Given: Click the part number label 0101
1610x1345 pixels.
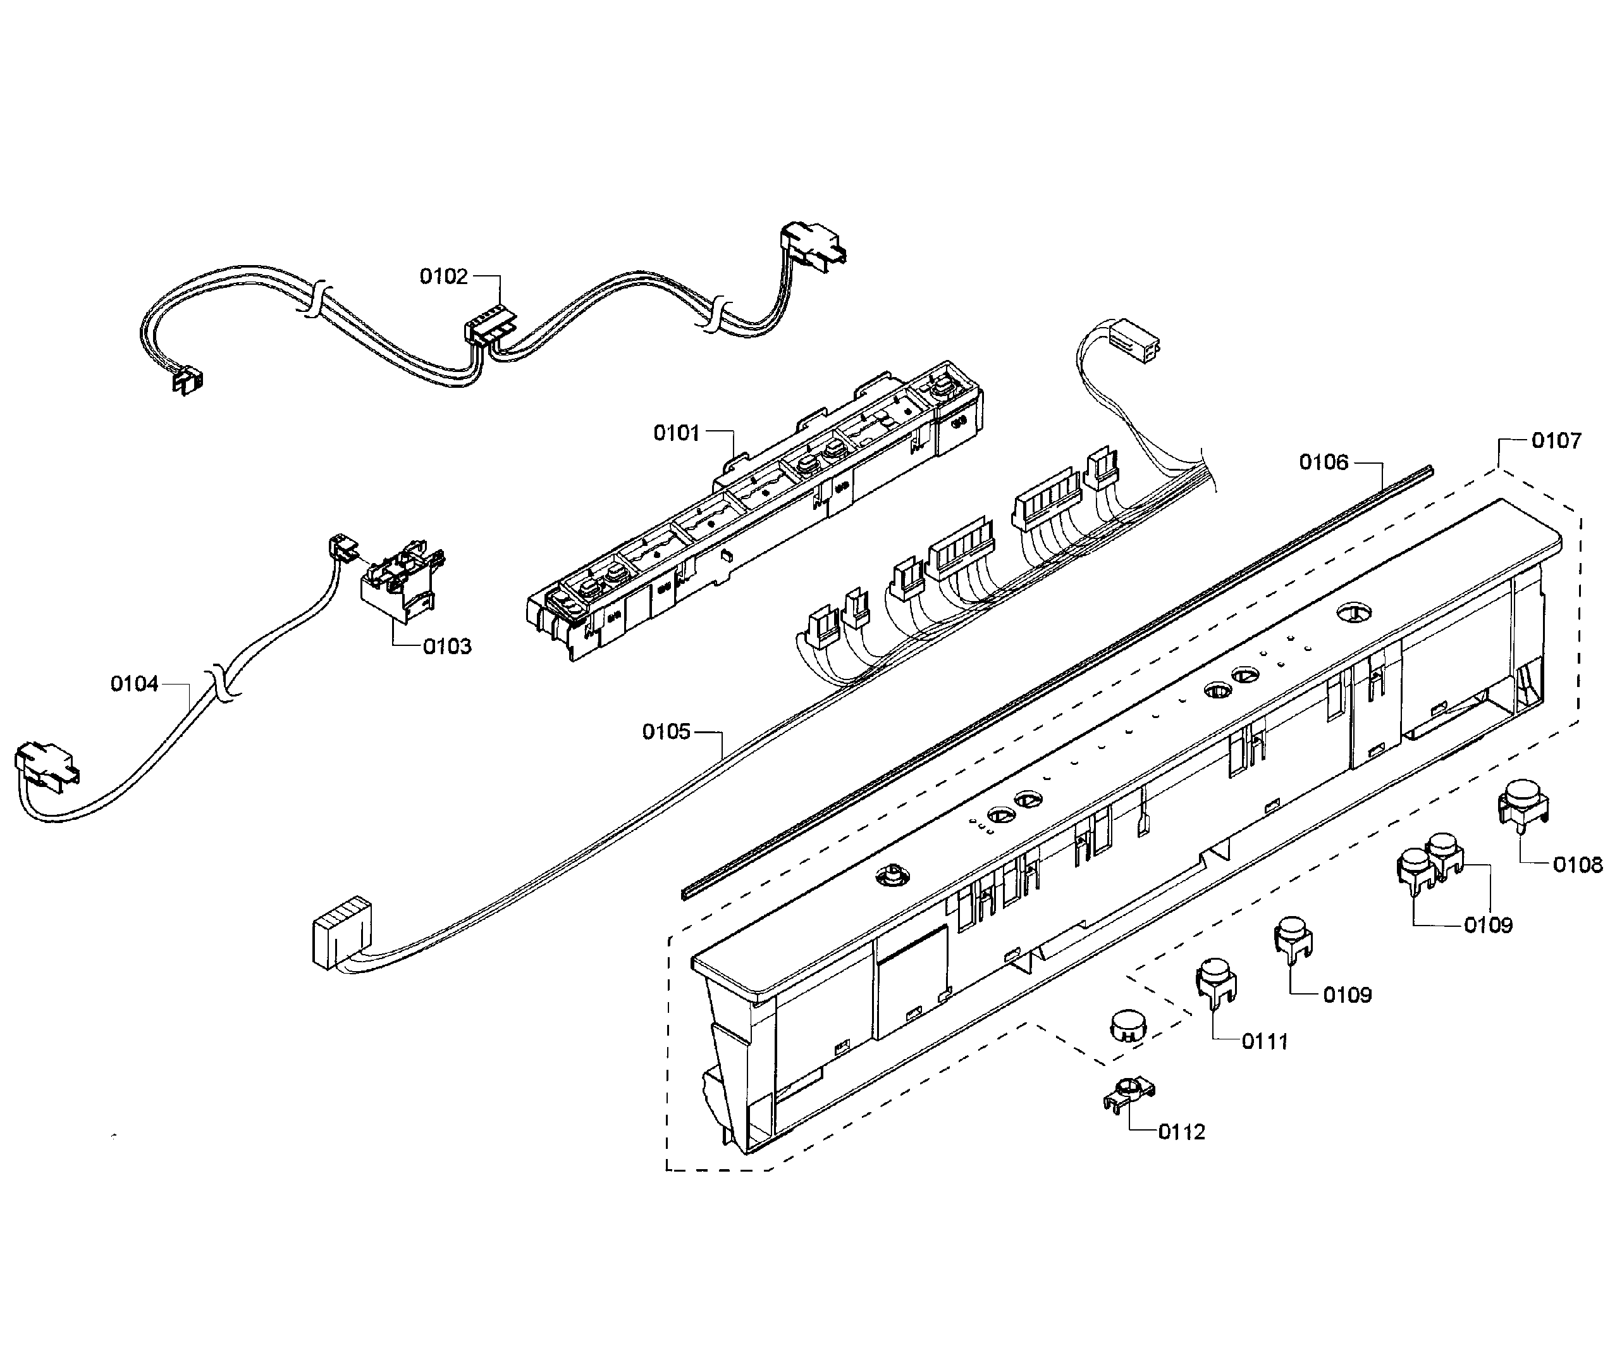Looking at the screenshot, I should [x=676, y=433].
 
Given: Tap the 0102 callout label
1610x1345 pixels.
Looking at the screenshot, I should [x=443, y=277].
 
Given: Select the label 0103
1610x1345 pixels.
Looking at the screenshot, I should [x=447, y=647].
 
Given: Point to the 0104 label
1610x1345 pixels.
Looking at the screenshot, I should [x=134, y=684].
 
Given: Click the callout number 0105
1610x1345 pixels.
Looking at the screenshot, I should [x=667, y=733].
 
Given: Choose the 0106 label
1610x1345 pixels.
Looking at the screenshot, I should [x=1324, y=462].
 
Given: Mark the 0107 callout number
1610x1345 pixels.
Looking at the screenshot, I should [x=1556, y=441].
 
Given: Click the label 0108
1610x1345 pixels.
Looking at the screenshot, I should [x=1577, y=865].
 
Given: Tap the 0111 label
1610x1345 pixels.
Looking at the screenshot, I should [x=1265, y=1041].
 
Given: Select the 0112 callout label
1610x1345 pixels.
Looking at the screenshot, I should [x=1181, y=1132].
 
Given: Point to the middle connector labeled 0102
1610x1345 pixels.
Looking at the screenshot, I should [x=488, y=330].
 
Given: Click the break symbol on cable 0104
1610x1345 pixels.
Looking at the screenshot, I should [x=221, y=684].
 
